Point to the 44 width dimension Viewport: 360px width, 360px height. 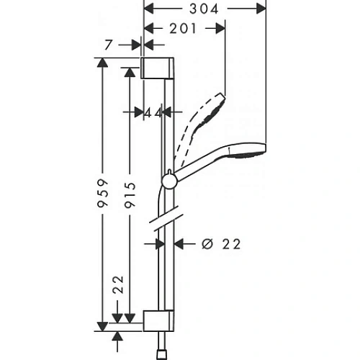152,112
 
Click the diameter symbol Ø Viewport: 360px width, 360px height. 207,243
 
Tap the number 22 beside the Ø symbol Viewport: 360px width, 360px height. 230,243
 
